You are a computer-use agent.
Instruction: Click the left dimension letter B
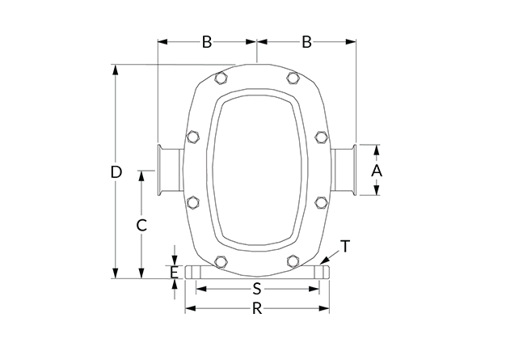click(207, 42)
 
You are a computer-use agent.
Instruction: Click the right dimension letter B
click(306, 42)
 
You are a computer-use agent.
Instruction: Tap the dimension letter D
click(116, 172)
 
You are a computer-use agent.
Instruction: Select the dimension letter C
click(141, 226)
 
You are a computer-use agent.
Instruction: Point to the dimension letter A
click(377, 171)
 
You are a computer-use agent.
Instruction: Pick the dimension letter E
click(174, 273)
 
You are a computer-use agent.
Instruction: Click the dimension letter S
click(256, 289)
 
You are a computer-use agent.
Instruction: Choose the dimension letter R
click(257, 309)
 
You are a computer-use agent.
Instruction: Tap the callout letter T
click(346, 247)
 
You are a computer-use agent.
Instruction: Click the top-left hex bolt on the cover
click(221, 78)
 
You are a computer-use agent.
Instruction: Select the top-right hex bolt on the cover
click(293, 78)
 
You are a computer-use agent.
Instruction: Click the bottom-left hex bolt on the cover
click(221, 261)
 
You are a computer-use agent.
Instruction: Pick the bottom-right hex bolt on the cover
click(293, 261)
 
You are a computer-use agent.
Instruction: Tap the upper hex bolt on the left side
click(193, 137)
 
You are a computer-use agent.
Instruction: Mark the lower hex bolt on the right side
click(321, 202)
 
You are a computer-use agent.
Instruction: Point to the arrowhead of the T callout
click(322, 262)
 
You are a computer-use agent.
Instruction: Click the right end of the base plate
click(322, 272)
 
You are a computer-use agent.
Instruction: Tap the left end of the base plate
click(193, 272)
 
